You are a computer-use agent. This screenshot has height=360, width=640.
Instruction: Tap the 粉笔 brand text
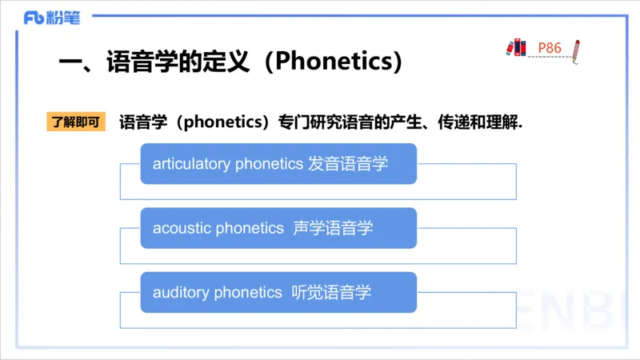(x=63, y=17)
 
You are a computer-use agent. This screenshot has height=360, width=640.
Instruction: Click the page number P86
(x=549, y=48)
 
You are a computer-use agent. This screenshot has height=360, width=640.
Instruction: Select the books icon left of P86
(x=516, y=46)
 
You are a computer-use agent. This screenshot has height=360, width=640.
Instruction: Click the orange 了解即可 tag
(x=76, y=122)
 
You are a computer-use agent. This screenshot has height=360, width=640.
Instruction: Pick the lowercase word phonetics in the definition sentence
(x=226, y=122)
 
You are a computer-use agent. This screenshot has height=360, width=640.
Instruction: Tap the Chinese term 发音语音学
(x=348, y=164)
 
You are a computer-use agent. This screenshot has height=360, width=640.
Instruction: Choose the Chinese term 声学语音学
(x=333, y=228)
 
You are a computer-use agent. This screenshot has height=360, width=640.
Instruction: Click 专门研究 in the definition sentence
(x=310, y=122)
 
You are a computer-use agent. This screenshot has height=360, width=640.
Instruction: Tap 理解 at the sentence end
(x=502, y=122)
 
